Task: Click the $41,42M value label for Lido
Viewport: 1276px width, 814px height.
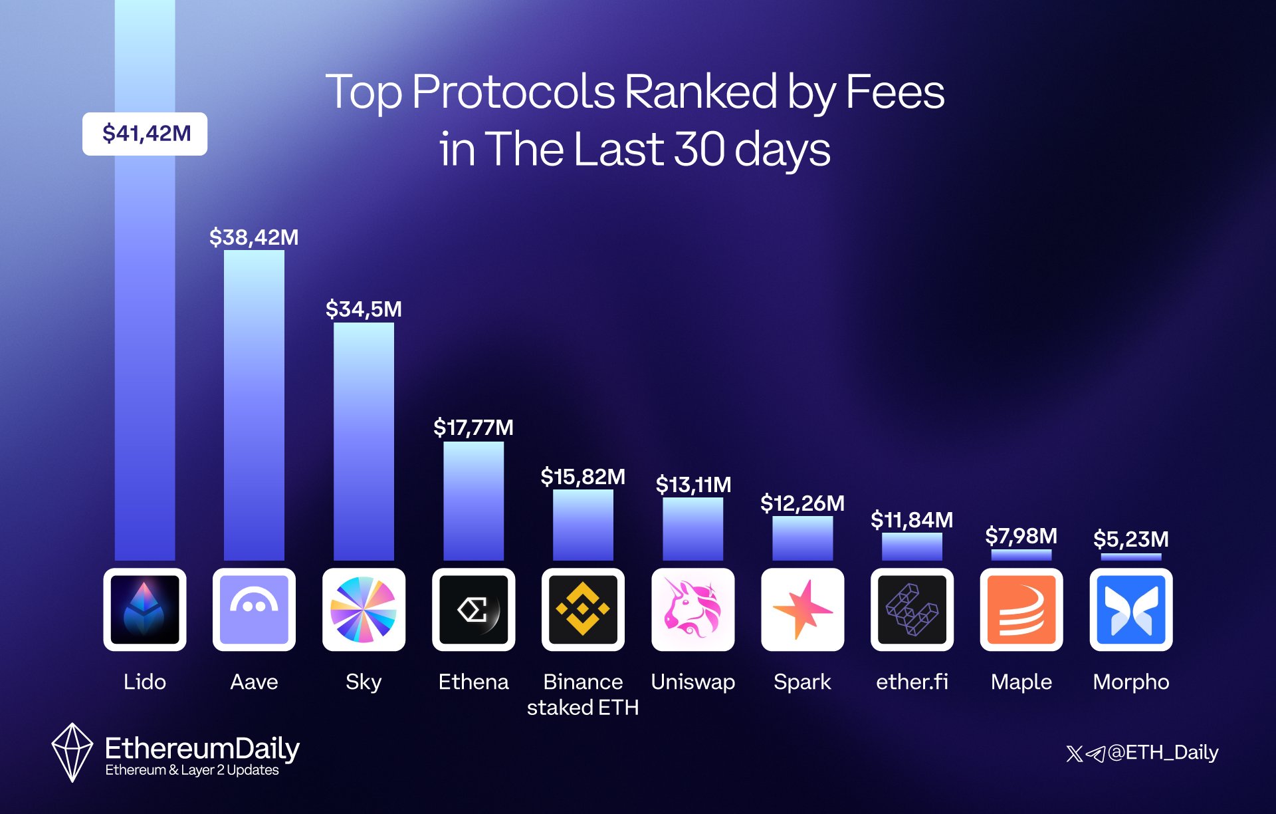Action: pyautogui.click(x=145, y=134)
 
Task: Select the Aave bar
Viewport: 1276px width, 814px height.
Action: pyautogui.click(x=254, y=406)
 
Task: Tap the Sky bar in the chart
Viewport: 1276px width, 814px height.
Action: pyautogui.click(x=364, y=442)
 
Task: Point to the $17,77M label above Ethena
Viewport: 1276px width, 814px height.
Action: pyautogui.click(x=473, y=427)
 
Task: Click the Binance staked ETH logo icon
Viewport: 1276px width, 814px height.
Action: pyautogui.click(x=583, y=609)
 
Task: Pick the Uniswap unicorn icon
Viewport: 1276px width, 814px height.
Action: pyautogui.click(x=692, y=609)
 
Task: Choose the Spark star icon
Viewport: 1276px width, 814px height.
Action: pyautogui.click(x=802, y=609)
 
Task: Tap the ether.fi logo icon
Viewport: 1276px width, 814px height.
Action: pyautogui.click(x=912, y=609)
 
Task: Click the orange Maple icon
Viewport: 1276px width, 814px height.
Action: pyautogui.click(x=1021, y=609)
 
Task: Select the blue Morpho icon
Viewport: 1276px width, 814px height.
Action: pyautogui.click(x=1131, y=609)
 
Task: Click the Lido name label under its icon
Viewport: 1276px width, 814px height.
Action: pyautogui.click(x=145, y=682)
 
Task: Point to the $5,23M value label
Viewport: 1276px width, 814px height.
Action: pyautogui.click(x=1131, y=539)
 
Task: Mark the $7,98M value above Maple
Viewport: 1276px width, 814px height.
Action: pyautogui.click(x=1021, y=535)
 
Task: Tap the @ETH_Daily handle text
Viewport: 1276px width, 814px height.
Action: pyautogui.click(x=1163, y=752)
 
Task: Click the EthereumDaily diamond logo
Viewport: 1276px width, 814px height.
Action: pyautogui.click(x=72, y=752)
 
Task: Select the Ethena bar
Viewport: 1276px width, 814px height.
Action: pyautogui.click(x=473, y=501)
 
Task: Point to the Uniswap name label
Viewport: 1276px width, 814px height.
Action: pyautogui.click(x=692, y=682)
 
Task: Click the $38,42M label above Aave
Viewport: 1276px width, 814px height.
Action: pyautogui.click(x=254, y=237)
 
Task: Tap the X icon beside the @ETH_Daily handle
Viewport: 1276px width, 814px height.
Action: pyautogui.click(x=1074, y=753)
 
